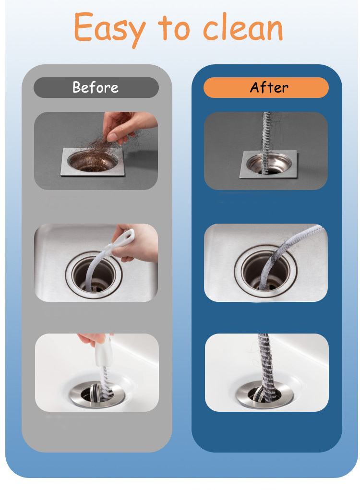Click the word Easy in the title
109,29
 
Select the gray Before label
96,87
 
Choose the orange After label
266,87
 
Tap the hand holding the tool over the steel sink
137,244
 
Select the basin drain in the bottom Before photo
97,394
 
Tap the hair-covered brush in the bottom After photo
266,366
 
